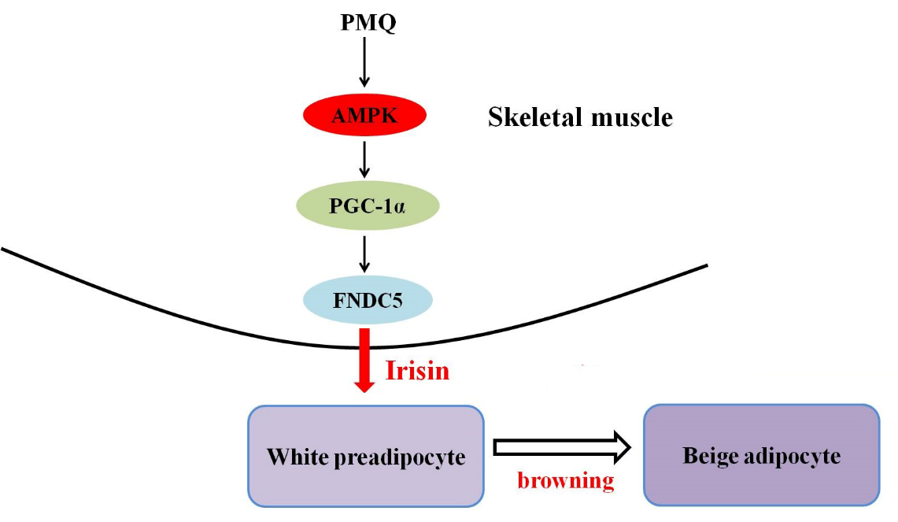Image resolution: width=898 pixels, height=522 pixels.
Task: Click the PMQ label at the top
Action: coord(368,22)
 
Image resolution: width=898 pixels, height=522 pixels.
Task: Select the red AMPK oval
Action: coord(365,115)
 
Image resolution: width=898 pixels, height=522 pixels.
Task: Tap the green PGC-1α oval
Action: coord(368,205)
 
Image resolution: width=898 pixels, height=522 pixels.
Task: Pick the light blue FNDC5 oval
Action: coord(368,300)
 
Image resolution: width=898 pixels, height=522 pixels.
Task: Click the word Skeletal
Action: coord(536,117)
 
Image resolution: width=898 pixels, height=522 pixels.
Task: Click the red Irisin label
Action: coord(417,370)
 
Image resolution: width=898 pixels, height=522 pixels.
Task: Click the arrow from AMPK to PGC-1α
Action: coord(364,159)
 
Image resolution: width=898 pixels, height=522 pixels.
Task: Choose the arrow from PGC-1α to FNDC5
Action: coord(364,254)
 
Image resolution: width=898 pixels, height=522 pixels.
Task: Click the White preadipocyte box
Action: coord(366,456)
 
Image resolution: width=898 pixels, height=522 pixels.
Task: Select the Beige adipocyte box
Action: coord(762,455)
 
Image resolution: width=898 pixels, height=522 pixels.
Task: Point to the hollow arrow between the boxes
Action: coord(562,447)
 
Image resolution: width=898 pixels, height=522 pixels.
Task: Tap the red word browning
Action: coord(566,480)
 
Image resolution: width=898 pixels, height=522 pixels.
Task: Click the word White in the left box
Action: coord(297,457)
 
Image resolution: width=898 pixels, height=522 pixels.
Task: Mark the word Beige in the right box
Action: coord(709,457)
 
